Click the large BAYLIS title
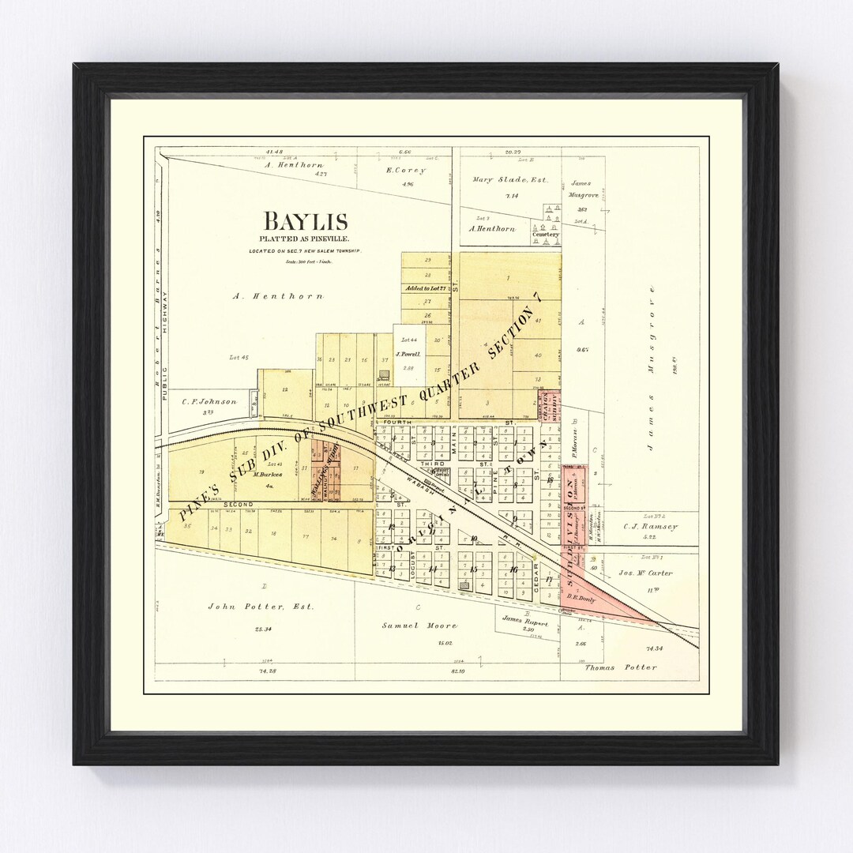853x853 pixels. [306, 221]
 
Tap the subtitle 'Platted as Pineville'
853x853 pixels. [306, 239]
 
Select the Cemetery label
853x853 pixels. [546, 235]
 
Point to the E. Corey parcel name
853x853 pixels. [406, 171]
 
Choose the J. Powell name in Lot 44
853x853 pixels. [408, 355]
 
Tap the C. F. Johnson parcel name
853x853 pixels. [209, 402]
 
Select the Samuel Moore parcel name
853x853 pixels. [419, 626]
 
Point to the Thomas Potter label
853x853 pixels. [620, 667]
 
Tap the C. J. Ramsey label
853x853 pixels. [650, 527]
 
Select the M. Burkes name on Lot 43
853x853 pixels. [269, 475]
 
